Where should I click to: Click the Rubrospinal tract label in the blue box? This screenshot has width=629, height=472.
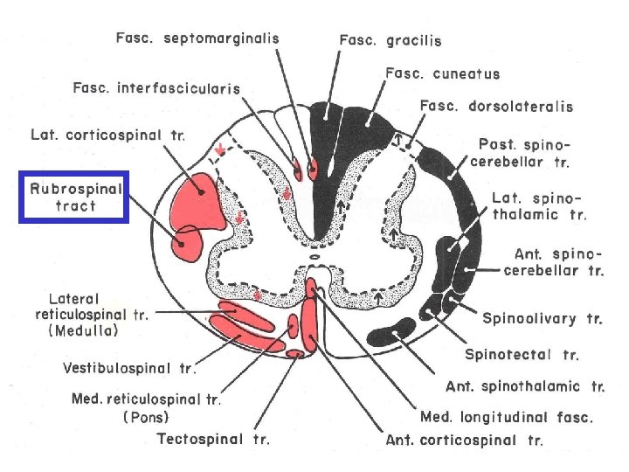(x=74, y=198)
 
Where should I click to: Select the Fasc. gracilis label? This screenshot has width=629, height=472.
(x=390, y=40)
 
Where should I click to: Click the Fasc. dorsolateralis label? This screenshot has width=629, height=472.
(x=496, y=107)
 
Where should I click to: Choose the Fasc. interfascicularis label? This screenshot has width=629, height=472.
(x=156, y=88)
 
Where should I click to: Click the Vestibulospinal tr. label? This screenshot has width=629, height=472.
(x=128, y=368)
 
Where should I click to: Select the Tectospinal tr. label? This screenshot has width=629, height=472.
(x=213, y=438)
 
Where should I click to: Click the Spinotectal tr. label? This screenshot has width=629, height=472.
(x=522, y=355)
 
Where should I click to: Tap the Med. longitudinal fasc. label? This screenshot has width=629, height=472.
(x=507, y=417)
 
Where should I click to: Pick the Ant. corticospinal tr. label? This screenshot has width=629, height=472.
(x=464, y=440)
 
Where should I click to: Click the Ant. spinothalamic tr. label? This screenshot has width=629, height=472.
(x=525, y=385)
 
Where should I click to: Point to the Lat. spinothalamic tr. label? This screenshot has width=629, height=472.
(x=539, y=205)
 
